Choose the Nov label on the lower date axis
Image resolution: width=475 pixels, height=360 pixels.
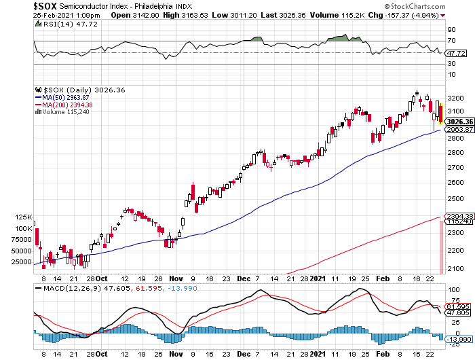(x=176, y=278)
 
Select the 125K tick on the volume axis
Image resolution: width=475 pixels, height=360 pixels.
(x=25, y=217)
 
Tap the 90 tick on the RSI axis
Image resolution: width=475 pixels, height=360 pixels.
(x=450, y=30)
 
